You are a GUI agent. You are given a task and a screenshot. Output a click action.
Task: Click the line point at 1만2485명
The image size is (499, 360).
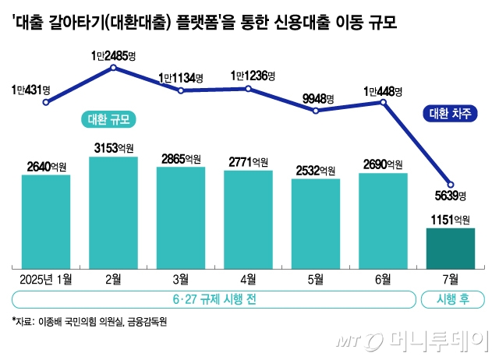pos(114,68)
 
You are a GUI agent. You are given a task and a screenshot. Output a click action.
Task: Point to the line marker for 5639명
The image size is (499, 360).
pos(451,184)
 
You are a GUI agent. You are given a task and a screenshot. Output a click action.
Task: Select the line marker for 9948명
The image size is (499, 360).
pos(316,111)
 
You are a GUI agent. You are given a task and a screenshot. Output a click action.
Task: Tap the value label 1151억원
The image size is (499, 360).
pos(451,220)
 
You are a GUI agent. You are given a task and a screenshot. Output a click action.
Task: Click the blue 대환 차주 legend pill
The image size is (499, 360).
pos(451,114)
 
